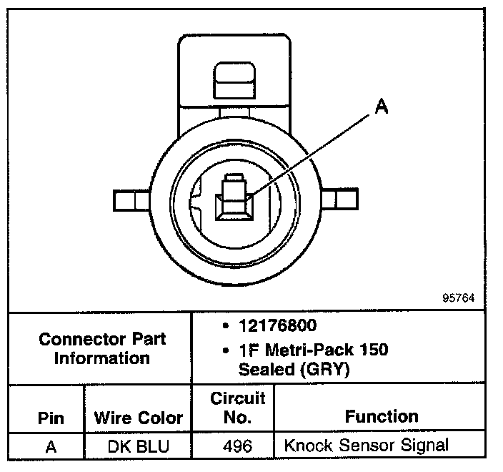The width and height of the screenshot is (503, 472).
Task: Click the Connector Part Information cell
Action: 101,348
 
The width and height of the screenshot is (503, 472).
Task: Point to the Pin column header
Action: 51,417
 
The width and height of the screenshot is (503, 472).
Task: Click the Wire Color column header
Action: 138,417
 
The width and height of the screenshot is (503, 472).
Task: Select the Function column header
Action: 382,416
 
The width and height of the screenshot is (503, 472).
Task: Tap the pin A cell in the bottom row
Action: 51,446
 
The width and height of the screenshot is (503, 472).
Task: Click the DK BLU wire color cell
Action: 138,446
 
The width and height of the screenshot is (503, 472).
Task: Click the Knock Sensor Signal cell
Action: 367,446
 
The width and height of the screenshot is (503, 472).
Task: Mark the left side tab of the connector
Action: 131,201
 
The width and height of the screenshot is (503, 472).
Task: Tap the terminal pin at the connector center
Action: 233,196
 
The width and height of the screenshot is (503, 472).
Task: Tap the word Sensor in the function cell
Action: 367,446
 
